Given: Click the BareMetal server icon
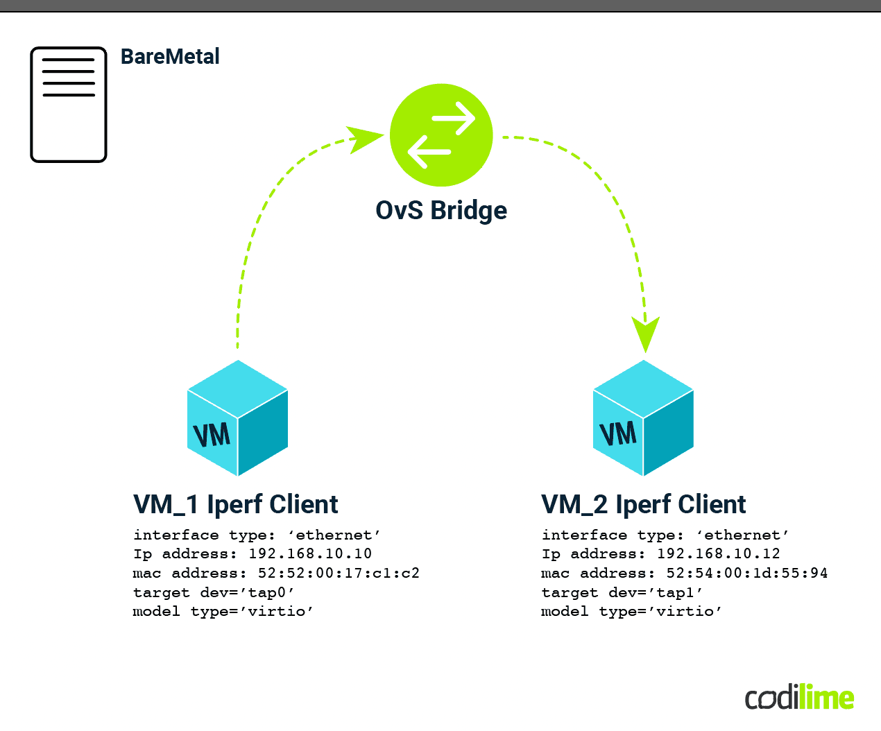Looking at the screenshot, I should coord(69,105).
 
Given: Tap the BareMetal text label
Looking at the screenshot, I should coord(170,56).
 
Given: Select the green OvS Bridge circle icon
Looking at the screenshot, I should coord(441,135).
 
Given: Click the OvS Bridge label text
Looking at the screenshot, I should coord(441,210).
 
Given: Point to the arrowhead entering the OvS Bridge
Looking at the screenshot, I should coord(363,138).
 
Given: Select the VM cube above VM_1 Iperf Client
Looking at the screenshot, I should coord(238,418).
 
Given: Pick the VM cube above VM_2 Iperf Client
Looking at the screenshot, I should coord(644,418).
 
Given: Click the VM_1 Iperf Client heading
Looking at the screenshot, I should coord(236,504).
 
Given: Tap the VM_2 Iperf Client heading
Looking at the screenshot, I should coord(644,504).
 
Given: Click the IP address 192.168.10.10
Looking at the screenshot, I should coord(310,554).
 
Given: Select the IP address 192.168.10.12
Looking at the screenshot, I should coord(719,554).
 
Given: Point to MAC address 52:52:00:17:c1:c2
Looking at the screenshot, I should coord(339,574).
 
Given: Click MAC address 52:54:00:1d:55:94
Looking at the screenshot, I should coord(747,574).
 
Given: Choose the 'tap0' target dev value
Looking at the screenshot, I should coord(271,593).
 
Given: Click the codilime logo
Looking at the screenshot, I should coord(800,698).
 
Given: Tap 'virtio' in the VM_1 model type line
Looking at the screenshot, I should coord(276,612).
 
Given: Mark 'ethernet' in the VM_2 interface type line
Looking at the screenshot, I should coord(742,535).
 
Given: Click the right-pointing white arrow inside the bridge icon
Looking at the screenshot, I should coord(454,118).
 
